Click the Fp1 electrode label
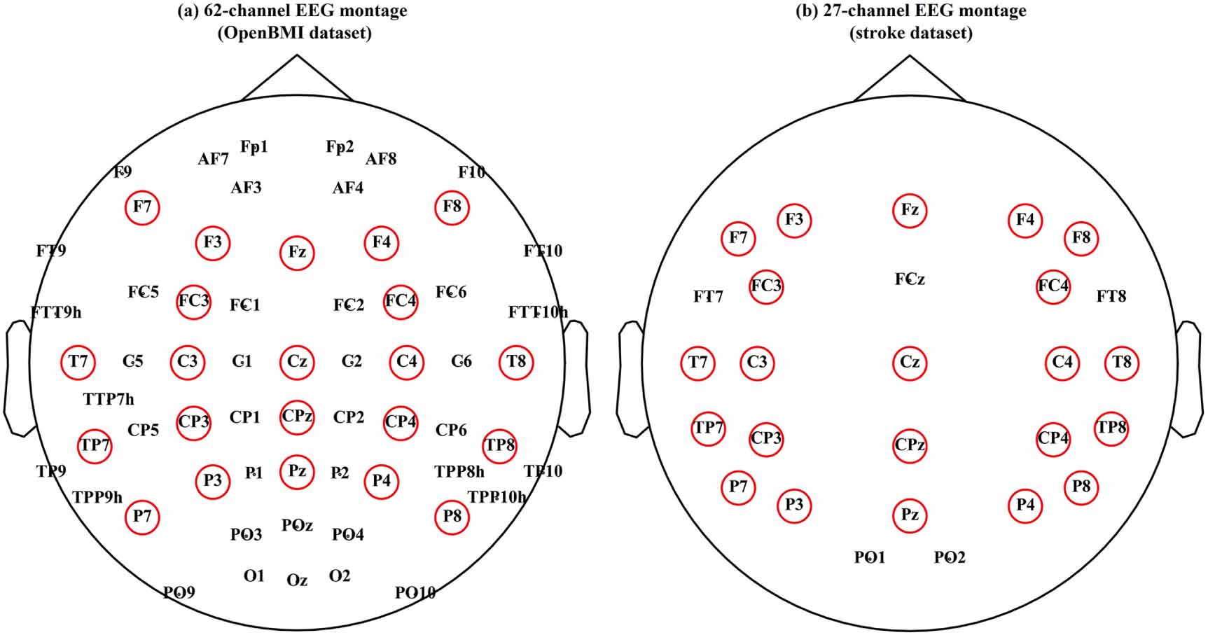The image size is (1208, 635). point(254,147)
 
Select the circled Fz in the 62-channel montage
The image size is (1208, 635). point(297,252)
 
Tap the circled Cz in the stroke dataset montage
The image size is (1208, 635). point(910,362)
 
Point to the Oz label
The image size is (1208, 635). point(297,580)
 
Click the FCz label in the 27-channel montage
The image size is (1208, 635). point(910,279)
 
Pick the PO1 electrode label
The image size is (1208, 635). point(870,557)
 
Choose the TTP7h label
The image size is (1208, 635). point(109,399)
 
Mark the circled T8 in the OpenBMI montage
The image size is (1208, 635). point(516,361)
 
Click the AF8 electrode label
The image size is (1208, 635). point(381,159)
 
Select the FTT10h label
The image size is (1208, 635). point(538,312)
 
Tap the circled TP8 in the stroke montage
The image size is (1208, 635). point(1111,428)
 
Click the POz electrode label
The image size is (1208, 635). point(297,525)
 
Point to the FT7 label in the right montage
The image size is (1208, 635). point(708,297)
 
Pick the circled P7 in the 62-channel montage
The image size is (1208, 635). point(142,517)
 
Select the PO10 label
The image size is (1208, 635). point(415,593)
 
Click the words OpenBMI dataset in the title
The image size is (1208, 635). point(295,33)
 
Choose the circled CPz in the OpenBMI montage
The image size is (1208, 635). point(297,417)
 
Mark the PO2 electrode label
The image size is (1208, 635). point(950,557)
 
